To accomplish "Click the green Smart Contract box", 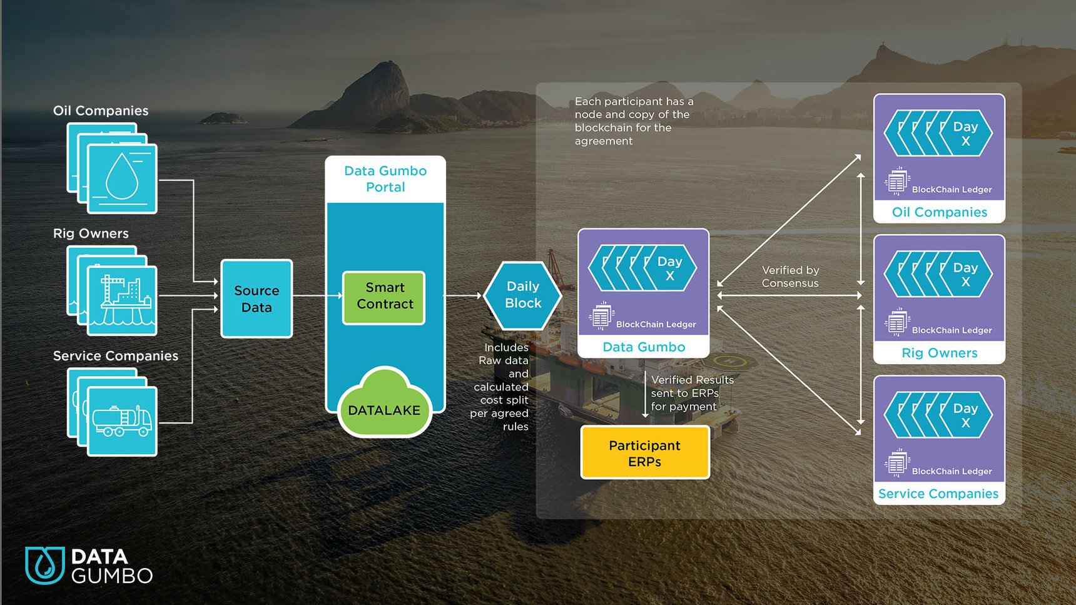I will [384, 298].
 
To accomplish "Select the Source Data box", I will [256, 299].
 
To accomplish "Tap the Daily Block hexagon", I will [523, 295].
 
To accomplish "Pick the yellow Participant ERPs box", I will [644, 453].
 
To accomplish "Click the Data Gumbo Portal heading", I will [385, 179].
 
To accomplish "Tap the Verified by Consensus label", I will [790, 277].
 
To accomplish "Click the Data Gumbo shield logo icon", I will [44, 565].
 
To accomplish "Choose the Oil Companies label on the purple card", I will [939, 212].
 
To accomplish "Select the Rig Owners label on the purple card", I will [939, 353].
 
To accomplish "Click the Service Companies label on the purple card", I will [938, 494].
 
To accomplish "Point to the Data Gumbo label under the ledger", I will [644, 347].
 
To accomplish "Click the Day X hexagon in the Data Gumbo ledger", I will [669, 268].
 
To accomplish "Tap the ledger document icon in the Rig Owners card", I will [896, 323].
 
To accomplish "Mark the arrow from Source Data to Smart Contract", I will [317, 295].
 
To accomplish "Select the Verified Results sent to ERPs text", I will [691, 393].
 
